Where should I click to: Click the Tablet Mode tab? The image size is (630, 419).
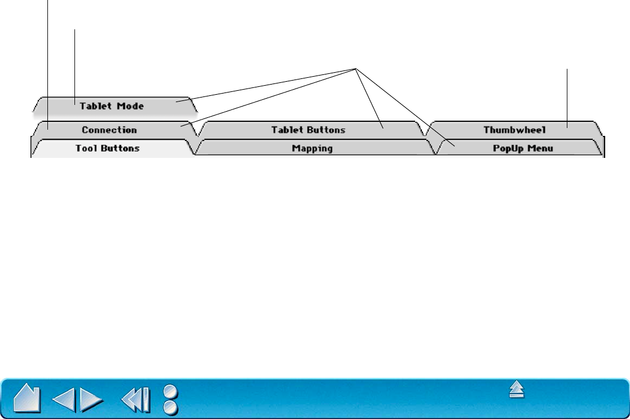point(112,105)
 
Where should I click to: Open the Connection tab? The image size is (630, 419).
point(109,130)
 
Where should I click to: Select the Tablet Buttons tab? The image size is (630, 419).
point(308,130)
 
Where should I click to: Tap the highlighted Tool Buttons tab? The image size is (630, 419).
point(107,149)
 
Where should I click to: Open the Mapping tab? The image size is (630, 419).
point(312,149)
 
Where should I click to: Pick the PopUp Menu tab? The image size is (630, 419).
point(520,149)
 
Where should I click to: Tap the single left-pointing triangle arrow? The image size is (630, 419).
point(63,399)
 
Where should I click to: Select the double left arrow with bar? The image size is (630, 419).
point(136,399)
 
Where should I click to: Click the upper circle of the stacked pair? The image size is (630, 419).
point(170,391)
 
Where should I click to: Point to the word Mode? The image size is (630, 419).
point(131,105)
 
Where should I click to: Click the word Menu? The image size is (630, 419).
point(540,149)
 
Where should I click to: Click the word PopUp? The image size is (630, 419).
point(506,149)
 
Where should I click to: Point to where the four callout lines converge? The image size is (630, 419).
point(356,69)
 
